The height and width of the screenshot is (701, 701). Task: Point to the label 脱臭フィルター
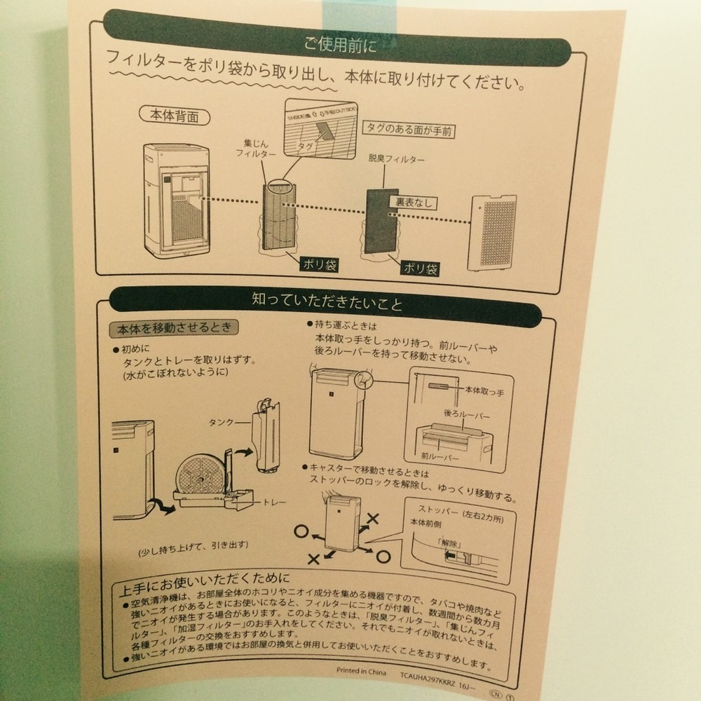coord(396,159)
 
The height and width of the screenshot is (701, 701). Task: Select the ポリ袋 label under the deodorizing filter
coord(419,268)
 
